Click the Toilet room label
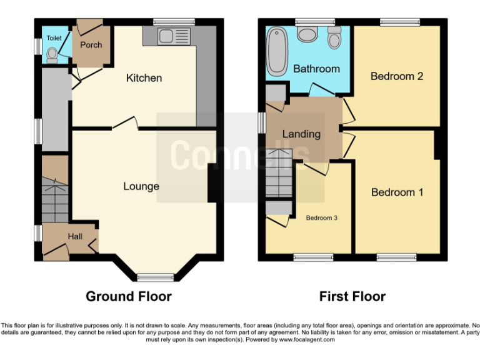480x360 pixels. click(x=53, y=38)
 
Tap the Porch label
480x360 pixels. click(x=91, y=45)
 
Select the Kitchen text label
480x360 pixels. click(x=144, y=78)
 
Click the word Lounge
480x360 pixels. click(x=141, y=186)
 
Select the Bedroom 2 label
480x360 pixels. click(x=397, y=76)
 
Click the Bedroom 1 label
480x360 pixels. click(x=397, y=192)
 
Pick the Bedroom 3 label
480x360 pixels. click(x=321, y=218)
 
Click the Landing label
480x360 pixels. click(x=301, y=134)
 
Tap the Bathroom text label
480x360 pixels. click(x=316, y=69)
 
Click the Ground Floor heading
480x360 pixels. click(x=129, y=296)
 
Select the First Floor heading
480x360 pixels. click(x=352, y=296)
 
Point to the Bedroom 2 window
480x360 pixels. click(x=399, y=22)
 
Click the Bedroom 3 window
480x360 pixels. click(x=312, y=256)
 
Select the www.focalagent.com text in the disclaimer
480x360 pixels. click(x=307, y=340)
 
